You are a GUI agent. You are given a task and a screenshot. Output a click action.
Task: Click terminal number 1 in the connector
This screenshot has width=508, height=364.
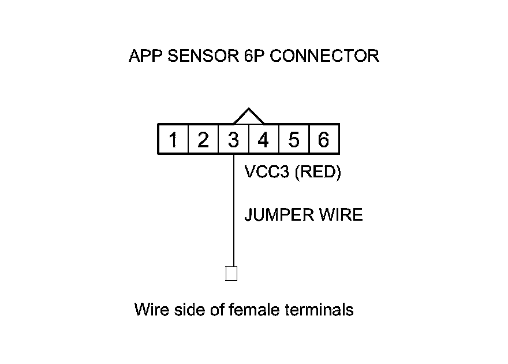[x=173, y=140]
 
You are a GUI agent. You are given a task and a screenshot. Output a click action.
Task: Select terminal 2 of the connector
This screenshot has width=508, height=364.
[x=203, y=140]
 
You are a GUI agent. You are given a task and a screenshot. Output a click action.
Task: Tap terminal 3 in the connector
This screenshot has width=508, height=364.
[x=233, y=140]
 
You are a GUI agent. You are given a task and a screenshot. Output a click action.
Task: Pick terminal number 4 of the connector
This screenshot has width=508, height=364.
[x=263, y=140]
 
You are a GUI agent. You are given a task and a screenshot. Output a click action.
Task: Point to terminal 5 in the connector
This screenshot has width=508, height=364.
[x=294, y=140]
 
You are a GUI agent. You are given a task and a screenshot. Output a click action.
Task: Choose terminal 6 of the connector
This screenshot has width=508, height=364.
[x=324, y=140]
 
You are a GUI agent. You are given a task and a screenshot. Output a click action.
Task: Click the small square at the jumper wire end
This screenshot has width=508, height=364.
[x=231, y=273]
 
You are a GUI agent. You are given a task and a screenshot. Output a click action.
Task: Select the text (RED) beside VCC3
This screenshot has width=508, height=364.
[x=317, y=172]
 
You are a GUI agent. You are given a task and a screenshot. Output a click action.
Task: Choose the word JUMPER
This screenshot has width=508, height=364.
[x=279, y=215]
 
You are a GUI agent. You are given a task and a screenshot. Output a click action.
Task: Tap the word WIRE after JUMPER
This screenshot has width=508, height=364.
[x=341, y=215]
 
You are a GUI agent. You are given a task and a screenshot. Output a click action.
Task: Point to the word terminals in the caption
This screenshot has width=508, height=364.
[x=319, y=310]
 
